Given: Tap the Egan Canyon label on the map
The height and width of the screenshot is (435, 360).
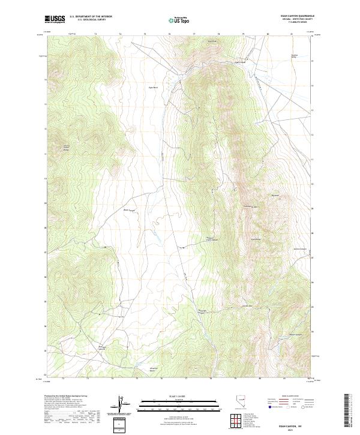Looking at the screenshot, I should (239, 61).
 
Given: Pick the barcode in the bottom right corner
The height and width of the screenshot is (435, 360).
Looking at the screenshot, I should (347, 411).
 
